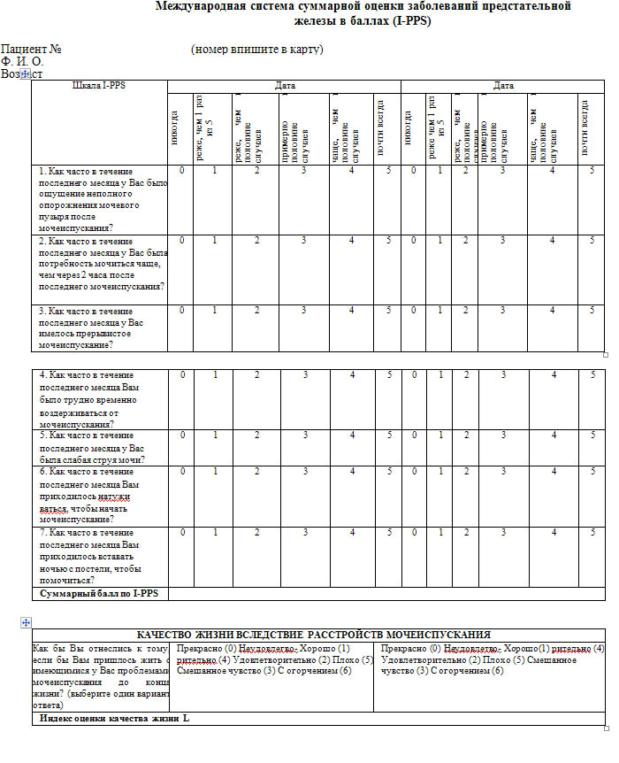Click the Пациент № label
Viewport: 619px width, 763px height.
[x=31, y=50]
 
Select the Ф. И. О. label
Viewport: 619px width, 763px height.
[x=22, y=62]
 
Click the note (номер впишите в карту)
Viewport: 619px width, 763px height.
[x=256, y=50]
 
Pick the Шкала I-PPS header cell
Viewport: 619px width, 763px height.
[x=99, y=86]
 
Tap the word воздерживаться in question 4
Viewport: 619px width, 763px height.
[x=75, y=412]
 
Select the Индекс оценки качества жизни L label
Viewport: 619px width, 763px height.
[x=114, y=718]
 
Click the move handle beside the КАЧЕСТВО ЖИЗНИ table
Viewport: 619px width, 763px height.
[x=25, y=623]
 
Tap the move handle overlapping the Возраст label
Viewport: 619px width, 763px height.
[x=26, y=75]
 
